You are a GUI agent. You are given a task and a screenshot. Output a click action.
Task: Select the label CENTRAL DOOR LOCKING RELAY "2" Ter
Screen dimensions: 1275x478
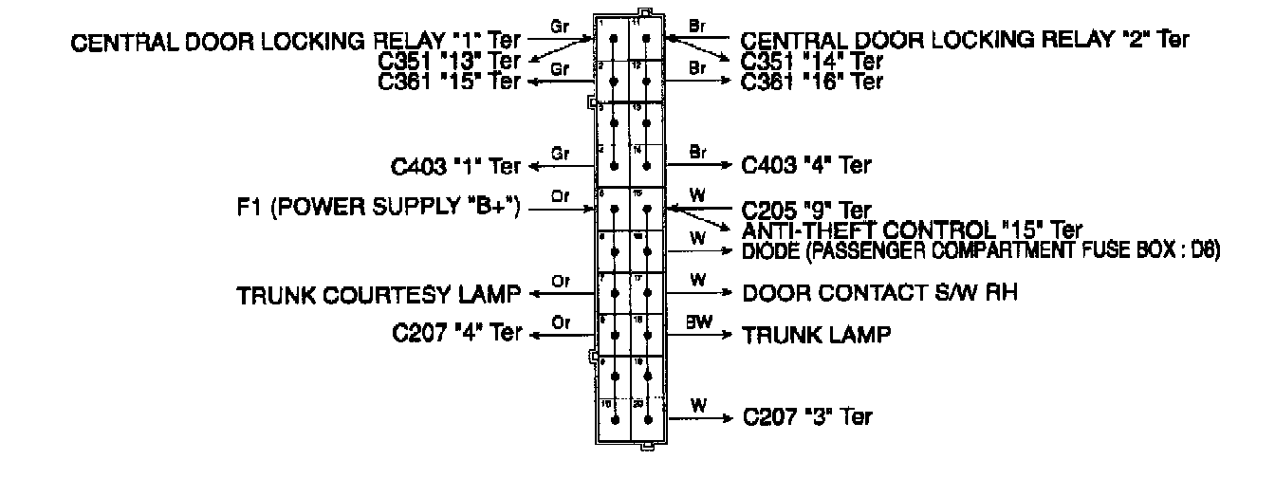(964, 40)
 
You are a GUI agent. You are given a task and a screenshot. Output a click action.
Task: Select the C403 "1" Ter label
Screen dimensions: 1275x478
(456, 166)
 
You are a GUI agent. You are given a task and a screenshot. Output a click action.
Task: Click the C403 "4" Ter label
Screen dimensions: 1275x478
(806, 165)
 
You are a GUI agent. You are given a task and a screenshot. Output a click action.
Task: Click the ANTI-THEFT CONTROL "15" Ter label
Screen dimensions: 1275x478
(912, 230)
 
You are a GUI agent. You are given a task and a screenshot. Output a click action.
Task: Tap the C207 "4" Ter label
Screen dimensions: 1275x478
(456, 334)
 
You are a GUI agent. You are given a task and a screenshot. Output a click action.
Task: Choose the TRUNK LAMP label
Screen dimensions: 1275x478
(817, 335)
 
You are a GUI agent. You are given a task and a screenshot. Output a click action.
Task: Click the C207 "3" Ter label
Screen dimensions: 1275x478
(807, 416)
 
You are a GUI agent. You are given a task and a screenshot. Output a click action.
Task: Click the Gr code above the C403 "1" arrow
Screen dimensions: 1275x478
(560, 154)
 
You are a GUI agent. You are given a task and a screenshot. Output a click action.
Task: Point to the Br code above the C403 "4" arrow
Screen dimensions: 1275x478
(698, 152)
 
